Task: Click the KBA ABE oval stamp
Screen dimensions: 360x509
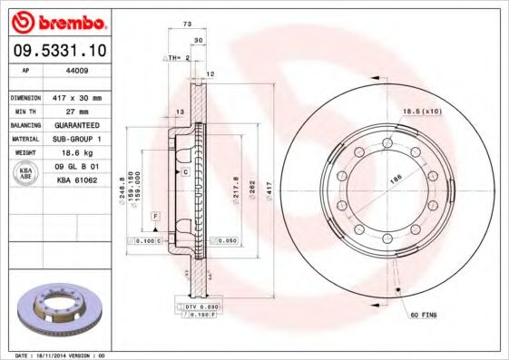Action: click(x=24, y=174)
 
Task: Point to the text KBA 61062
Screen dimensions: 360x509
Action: click(x=77, y=180)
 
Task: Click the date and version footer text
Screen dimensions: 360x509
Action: click(x=62, y=355)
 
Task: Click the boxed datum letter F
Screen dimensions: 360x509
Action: click(x=155, y=219)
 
